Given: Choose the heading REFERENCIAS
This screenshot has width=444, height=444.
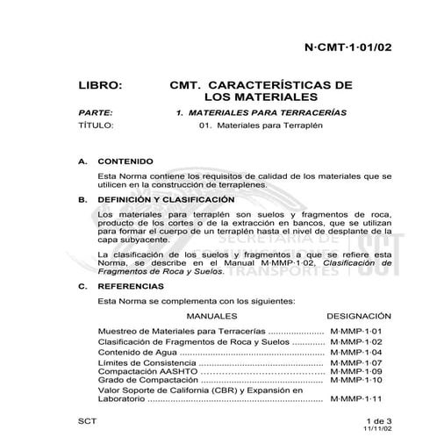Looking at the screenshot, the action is (130, 286).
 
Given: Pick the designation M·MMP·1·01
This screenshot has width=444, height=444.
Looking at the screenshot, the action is (360, 331).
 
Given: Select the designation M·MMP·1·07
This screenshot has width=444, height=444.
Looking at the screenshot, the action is (360, 362).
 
